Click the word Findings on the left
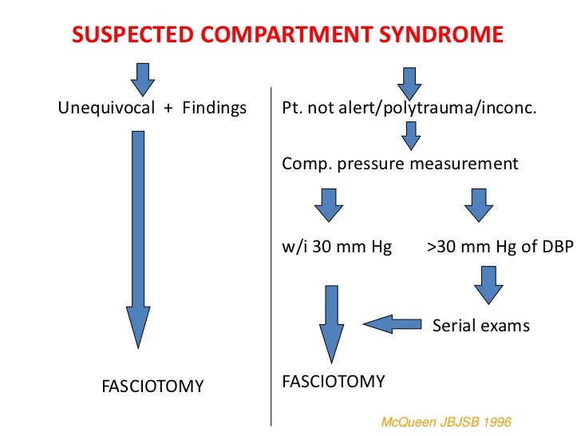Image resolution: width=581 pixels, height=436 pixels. click(x=215, y=107)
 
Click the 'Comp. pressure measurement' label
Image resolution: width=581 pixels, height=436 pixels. click(x=400, y=164)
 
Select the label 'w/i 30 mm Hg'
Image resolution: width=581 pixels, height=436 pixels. click(x=337, y=247)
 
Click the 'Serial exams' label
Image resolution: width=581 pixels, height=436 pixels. click(x=480, y=325)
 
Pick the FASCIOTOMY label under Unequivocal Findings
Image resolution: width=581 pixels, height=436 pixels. click(x=152, y=386)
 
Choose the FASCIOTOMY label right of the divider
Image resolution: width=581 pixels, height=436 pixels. click(x=334, y=381)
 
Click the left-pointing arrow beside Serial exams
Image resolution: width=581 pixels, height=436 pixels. click(x=391, y=323)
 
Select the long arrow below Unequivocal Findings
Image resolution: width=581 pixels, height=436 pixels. click(x=138, y=240)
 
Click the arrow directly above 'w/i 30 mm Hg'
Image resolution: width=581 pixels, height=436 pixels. click(x=329, y=204)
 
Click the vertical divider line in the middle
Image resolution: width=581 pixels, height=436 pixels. click(x=272, y=256)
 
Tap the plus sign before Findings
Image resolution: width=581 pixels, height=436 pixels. click(x=168, y=107)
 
